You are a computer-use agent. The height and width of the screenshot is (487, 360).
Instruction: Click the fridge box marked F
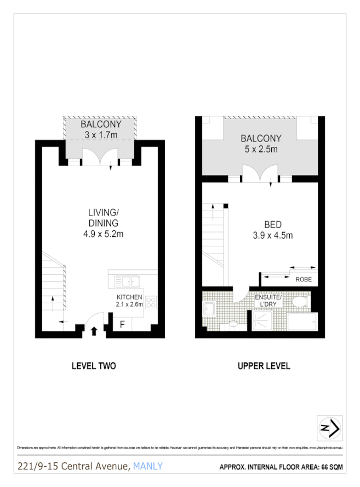click(122, 324)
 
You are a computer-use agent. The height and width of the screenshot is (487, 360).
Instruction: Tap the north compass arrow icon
click(330, 428)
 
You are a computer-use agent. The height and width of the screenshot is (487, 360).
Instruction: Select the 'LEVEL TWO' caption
click(94, 366)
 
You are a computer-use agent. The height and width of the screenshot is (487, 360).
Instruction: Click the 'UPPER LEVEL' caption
click(264, 366)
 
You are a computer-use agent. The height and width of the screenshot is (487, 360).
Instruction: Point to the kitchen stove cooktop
click(151, 301)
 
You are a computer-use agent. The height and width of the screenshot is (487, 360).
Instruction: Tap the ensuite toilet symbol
click(299, 302)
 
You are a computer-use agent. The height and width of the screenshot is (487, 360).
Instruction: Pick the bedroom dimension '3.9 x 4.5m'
click(272, 235)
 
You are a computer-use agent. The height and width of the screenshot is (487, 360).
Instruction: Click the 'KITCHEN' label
click(129, 297)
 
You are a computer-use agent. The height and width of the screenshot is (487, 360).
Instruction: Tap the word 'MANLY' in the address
click(148, 466)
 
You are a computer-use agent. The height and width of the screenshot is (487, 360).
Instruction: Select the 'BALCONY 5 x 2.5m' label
click(261, 144)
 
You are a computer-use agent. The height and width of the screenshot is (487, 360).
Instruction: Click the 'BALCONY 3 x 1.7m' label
click(101, 129)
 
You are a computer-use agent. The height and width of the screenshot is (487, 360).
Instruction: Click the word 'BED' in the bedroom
click(273, 225)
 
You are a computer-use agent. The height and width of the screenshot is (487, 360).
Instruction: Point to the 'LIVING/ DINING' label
click(102, 218)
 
